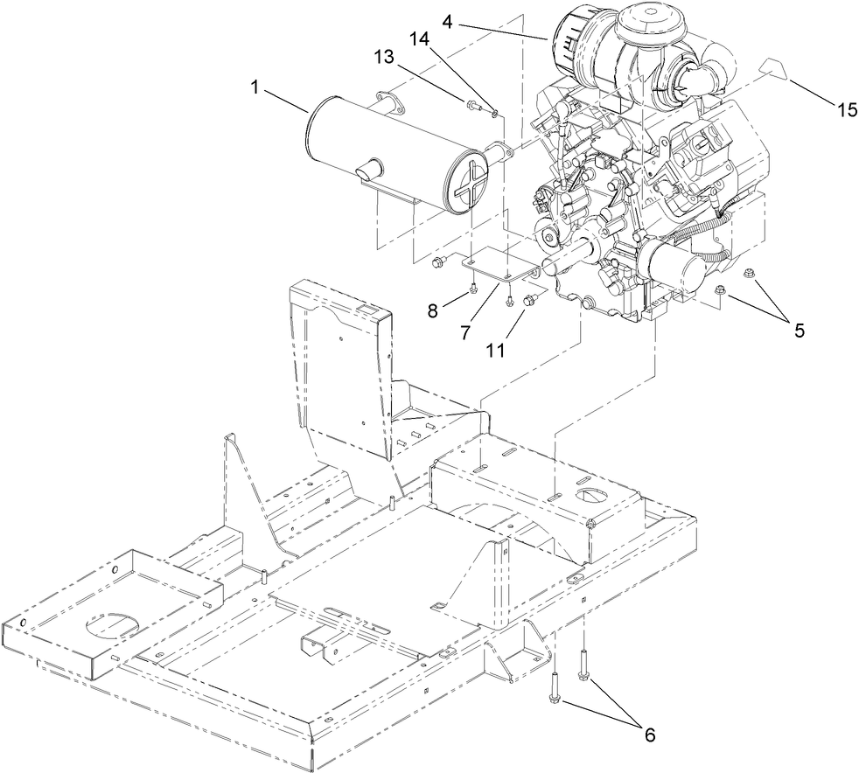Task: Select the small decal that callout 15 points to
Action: (772, 66)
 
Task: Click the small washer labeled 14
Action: (496, 112)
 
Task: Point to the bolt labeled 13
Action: (473, 107)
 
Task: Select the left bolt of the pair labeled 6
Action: (555, 686)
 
